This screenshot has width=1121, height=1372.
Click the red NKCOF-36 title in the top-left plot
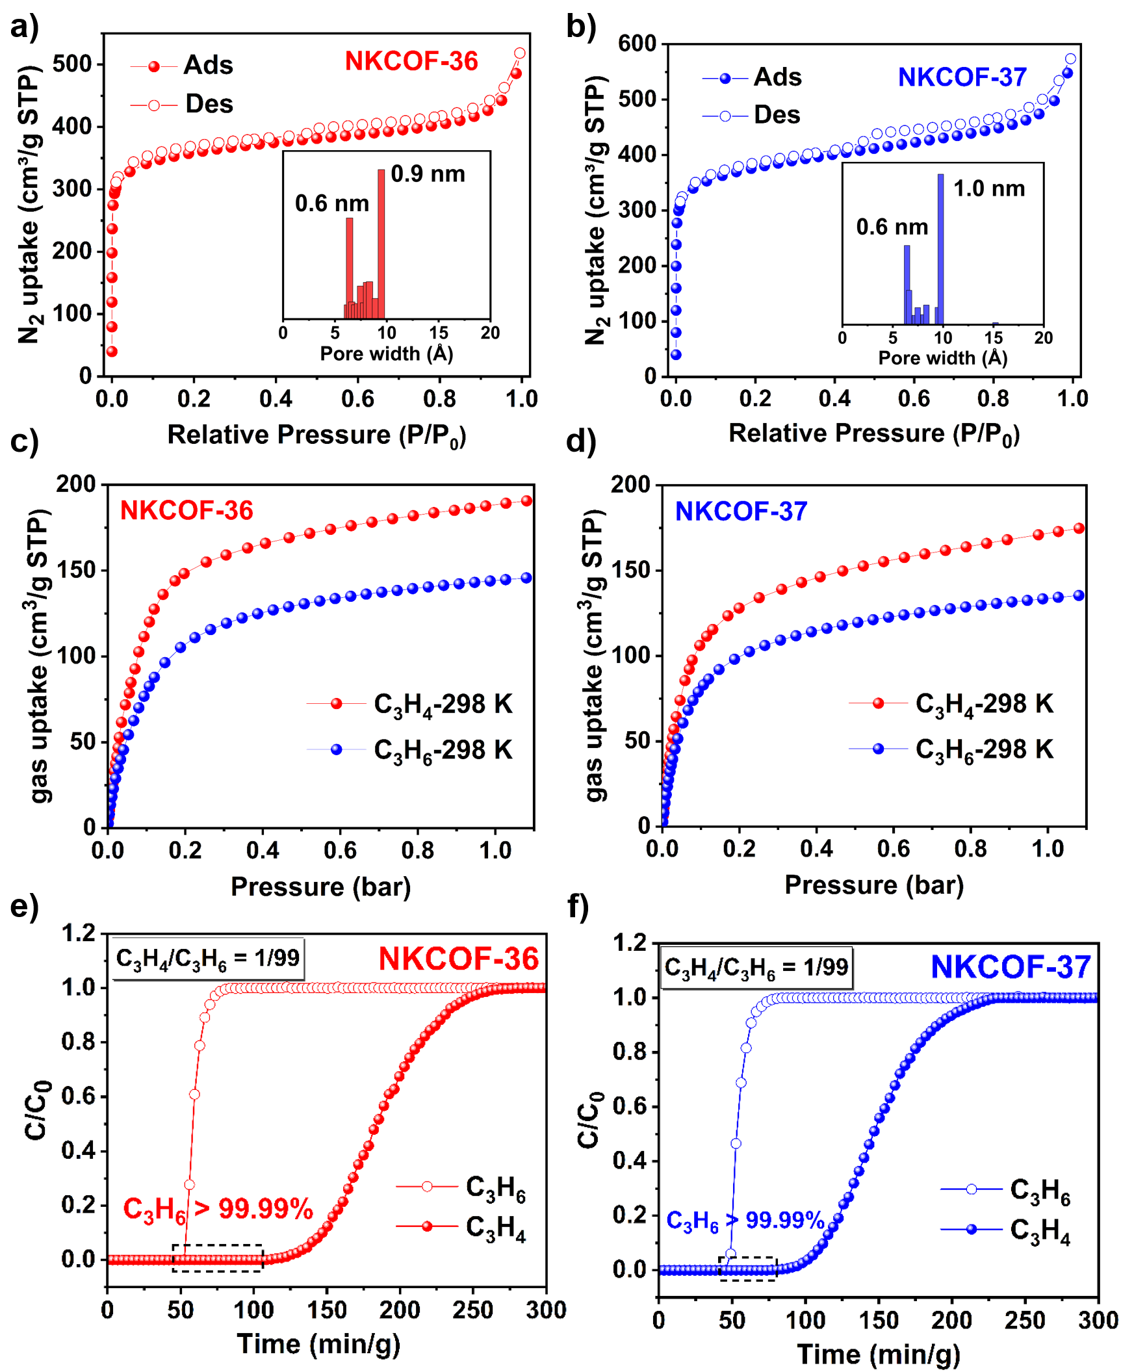[411, 61]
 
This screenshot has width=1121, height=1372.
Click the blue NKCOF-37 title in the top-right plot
[961, 77]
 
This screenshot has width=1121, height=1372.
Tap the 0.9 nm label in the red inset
[428, 174]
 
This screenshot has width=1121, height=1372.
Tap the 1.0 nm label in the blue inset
[989, 188]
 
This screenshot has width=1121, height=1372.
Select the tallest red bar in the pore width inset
[381, 244]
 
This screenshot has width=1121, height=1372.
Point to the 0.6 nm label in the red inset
[331, 203]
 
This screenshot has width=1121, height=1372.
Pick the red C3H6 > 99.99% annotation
[218, 1209]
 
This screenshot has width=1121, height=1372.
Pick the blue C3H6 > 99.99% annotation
[745, 1220]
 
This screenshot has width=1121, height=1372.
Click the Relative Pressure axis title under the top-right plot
[875, 434]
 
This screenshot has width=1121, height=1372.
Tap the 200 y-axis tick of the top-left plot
[72, 251]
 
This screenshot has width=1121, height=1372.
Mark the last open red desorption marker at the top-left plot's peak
[520, 53]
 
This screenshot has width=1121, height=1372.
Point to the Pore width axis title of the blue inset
[942, 357]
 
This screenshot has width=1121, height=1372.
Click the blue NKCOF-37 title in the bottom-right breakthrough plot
[1011, 967]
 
